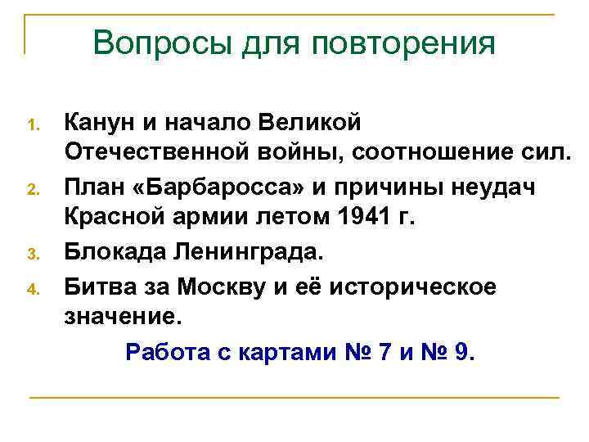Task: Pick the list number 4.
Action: pos(34,289)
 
